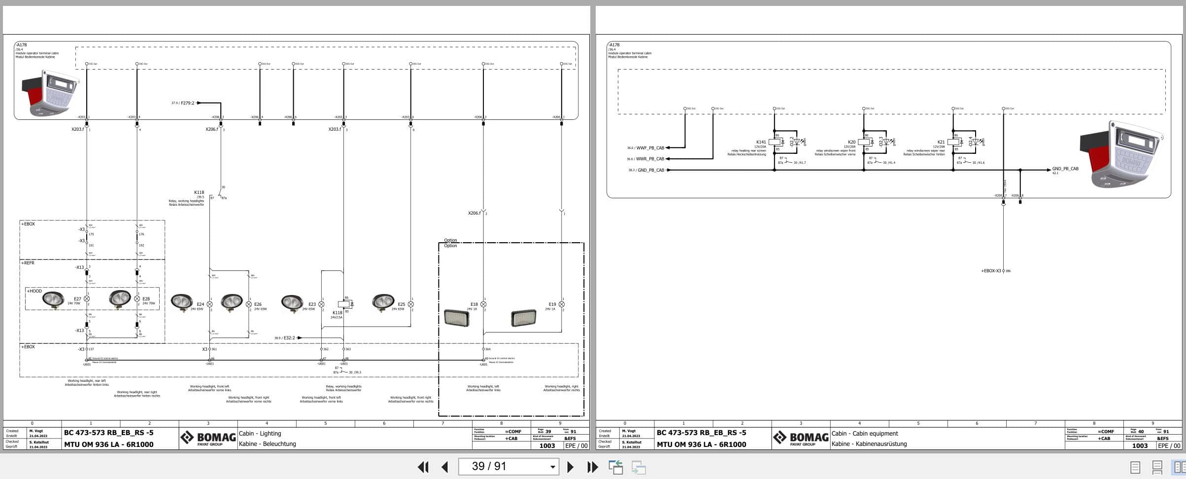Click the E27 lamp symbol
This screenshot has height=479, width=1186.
[87, 299]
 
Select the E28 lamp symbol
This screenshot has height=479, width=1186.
[137, 299]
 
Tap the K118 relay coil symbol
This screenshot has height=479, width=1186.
[343, 304]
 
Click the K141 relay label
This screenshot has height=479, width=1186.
[761, 142]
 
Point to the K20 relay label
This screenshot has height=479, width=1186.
[852, 142]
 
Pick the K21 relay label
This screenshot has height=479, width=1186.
[941, 142]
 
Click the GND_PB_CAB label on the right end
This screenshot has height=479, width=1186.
[1065, 169]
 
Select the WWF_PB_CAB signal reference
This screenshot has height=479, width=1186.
[650, 148]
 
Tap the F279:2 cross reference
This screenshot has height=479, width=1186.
[187, 103]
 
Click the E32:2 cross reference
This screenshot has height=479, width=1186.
[289, 338]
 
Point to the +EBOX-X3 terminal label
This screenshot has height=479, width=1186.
[991, 271]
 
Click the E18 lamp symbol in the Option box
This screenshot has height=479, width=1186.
[483, 304]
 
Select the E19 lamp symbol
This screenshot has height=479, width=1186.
[562, 304]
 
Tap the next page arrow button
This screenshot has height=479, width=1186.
[570, 467]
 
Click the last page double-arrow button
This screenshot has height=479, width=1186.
[592, 467]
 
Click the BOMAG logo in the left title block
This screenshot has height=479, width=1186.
[208, 438]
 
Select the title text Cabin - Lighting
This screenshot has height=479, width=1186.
[260, 434]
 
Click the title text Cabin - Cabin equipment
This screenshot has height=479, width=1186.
[865, 434]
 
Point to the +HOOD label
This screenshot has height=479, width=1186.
[34, 291]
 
